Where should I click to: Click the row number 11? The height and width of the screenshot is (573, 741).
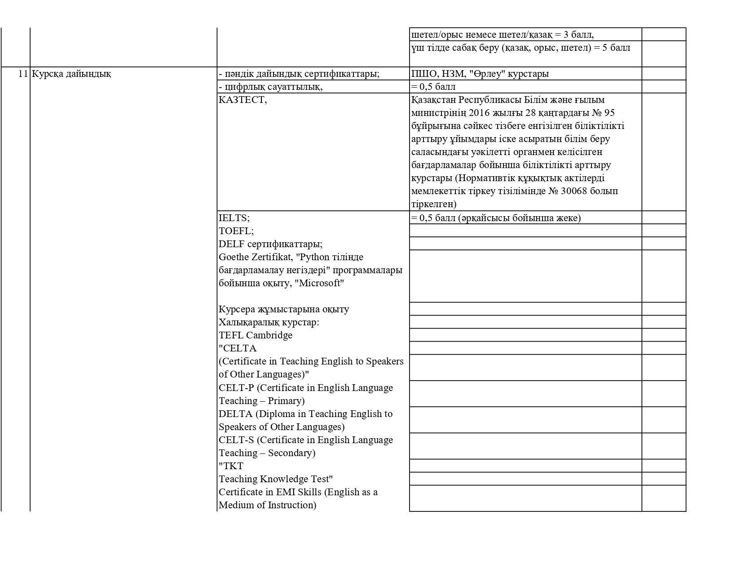23,74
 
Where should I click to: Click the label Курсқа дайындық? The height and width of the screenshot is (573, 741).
71,74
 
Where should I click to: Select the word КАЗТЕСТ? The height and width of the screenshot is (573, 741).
242,100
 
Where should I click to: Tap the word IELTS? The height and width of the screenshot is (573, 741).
234,218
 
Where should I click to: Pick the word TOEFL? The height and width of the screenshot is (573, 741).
235,231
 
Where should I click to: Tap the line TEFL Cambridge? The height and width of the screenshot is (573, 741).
256,335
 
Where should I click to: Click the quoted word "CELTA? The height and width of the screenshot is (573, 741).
238,348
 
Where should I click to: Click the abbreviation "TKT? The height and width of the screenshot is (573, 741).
231,466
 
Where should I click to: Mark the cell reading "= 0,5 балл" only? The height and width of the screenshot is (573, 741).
433,87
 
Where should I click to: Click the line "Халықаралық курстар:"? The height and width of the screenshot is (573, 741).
269,322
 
